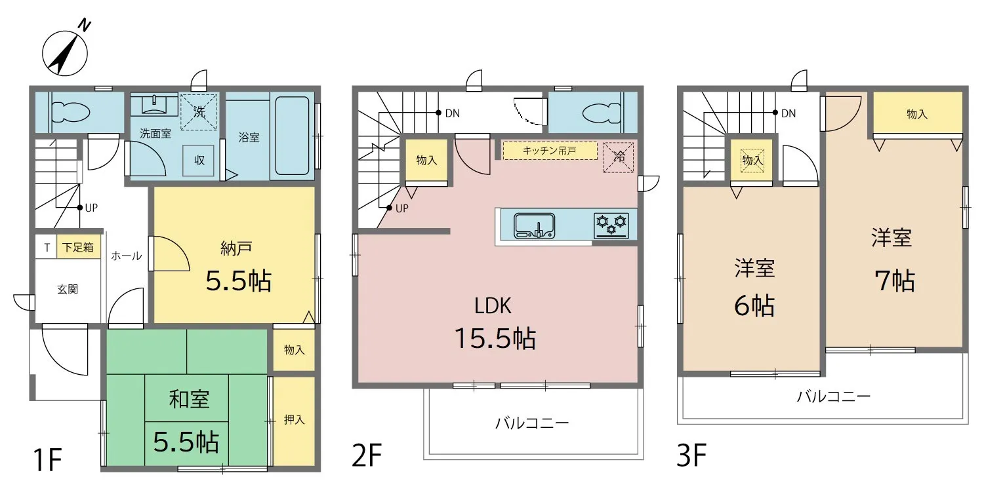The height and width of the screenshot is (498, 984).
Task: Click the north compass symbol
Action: pyautogui.click(x=65, y=52)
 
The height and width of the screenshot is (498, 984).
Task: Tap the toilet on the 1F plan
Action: pyautogui.click(x=70, y=111)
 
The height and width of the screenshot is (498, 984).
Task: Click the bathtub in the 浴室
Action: pyautogui.click(x=292, y=136)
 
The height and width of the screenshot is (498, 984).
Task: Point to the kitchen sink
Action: pyautogui.click(x=534, y=225)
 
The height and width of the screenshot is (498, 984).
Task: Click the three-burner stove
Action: pyautogui.click(x=611, y=225)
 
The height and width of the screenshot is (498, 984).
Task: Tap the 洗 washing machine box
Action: pyautogui.click(x=199, y=112)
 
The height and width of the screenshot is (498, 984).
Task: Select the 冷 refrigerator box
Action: pyautogui.click(x=619, y=157)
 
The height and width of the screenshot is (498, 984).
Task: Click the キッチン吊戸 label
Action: pyautogui.click(x=550, y=151)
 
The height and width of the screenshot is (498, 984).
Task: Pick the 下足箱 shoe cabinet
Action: pyautogui.click(x=78, y=247)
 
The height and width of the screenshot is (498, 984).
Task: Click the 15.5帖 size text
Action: pyautogui.click(x=495, y=338)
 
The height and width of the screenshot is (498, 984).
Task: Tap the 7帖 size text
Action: pyautogui.click(x=895, y=280)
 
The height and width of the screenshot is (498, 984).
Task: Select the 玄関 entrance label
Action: pyautogui.click(x=68, y=289)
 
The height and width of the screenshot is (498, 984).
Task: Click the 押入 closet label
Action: pyautogui.click(x=294, y=420)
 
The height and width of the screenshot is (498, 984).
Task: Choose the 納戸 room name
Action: pyautogui.click(x=236, y=248)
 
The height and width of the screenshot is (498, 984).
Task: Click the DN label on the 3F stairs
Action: pyautogui.click(x=789, y=113)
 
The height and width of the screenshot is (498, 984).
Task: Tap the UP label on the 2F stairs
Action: pyautogui.click(x=402, y=208)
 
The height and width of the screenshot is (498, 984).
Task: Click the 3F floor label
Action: pyautogui.click(x=691, y=456)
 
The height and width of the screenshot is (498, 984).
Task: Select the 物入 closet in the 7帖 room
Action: pyautogui.click(x=917, y=113)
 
